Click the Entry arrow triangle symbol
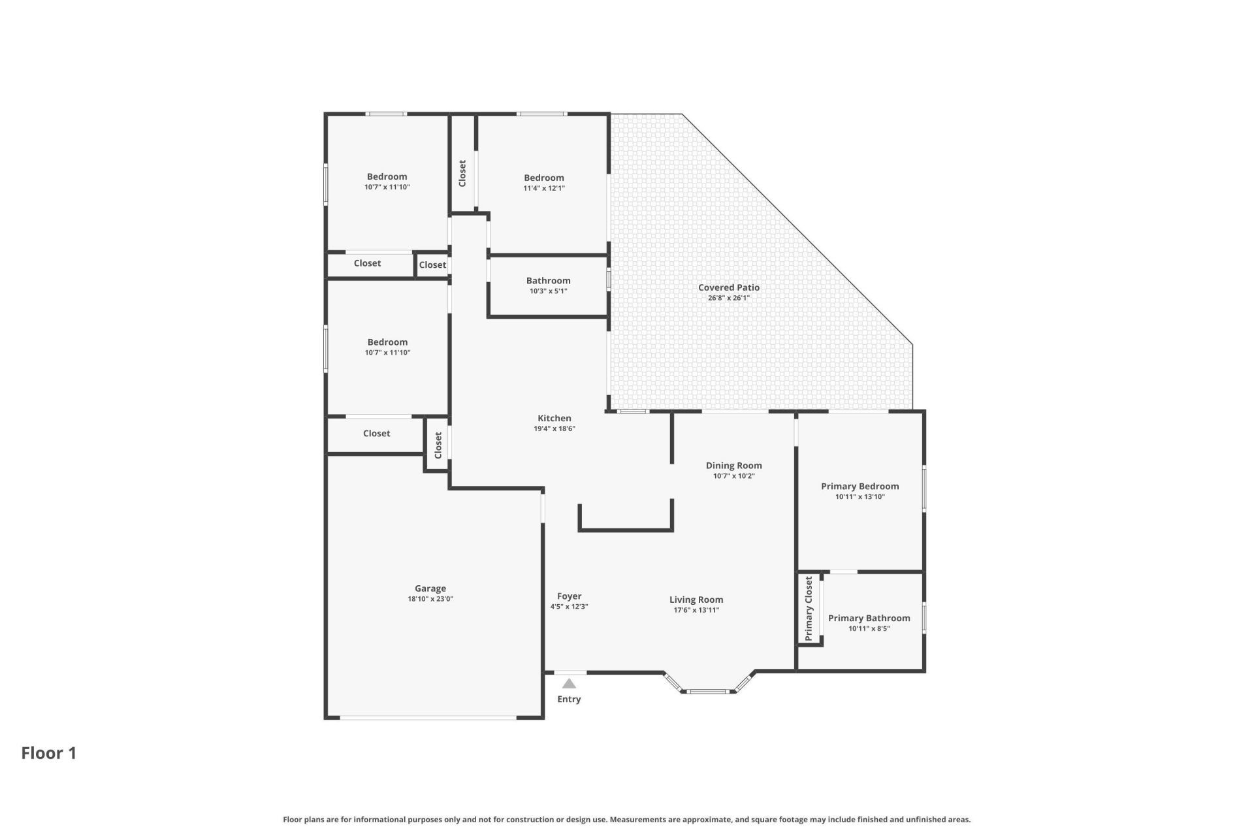pyautogui.click(x=569, y=683)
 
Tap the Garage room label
pyautogui.click(x=430, y=588)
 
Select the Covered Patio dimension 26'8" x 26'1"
pyautogui.click(x=728, y=298)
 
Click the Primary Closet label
pyautogui.click(x=809, y=608)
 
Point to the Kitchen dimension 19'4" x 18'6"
pyautogui.click(x=554, y=429)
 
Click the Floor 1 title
pyautogui.click(x=49, y=753)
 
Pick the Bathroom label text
pyautogui.click(x=548, y=281)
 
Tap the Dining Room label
pyautogui.click(x=733, y=466)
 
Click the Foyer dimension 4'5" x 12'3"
pyautogui.click(x=569, y=607)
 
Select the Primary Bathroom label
pyautogui.click(x=869, y=618)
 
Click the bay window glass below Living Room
pyautogui.click(x=709, y=691)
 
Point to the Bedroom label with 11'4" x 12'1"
pyautogui.click(x=543, y=178)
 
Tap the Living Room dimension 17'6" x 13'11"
pyautogui.click(x=696, y=611)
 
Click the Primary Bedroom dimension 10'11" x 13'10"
pyautogui.click(x=860, y=497)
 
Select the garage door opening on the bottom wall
pyautogui.click(x=428, y=718)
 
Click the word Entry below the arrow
pyautogui.click(x=569, y=699)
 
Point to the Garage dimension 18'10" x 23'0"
pyautogui.click(x=430, y=599)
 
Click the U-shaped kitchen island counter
pyautogui.click(x=625, y=528)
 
